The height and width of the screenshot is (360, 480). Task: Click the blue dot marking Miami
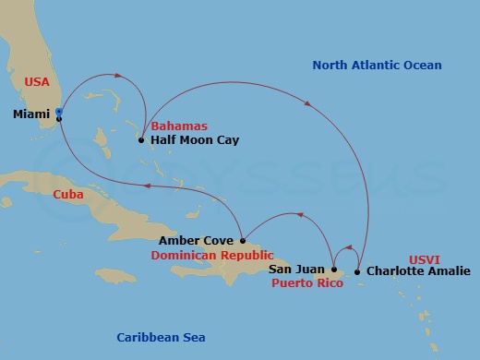coord(59,112)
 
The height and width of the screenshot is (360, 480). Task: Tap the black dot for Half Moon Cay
coord(140,140)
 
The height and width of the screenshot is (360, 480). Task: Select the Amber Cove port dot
coord(243,240)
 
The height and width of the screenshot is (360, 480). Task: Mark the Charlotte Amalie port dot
coord(357,271)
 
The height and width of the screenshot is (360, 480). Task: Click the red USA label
coord(36,82)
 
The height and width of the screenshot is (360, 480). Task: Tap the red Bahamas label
coord(179,126)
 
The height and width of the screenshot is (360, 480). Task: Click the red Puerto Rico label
coord(307,283)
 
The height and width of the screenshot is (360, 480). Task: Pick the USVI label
coord(426,260)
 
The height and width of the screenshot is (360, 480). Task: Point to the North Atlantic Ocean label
coord(377,66)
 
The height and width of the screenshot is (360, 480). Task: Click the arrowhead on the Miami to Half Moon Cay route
coord(118,77)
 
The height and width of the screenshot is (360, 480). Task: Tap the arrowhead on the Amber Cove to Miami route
coord(148,185)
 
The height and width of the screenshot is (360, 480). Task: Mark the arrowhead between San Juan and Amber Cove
coord(302,215)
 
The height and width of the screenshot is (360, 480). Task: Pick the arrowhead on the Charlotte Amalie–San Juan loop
coord(348,246)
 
